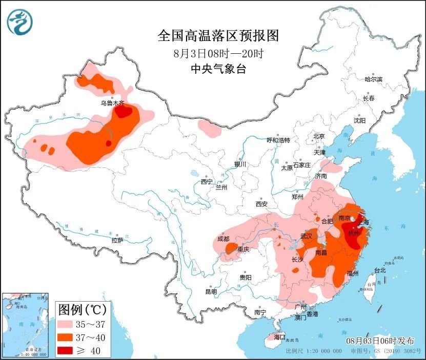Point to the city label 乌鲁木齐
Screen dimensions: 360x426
click(x=112, y=103)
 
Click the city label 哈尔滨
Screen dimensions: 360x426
click(x=373, y=79)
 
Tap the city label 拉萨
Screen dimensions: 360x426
click(x=117, y=240)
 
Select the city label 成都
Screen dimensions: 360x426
click(x=224, y=238)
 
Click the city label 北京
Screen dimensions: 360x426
click(x=319, y=136)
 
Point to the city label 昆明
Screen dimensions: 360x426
click(x=211, y=291)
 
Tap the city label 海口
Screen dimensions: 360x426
click(x=279, y=337)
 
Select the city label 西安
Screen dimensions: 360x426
click(x=261, y=204)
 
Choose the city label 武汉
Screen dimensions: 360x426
click(x=307, y=236)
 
